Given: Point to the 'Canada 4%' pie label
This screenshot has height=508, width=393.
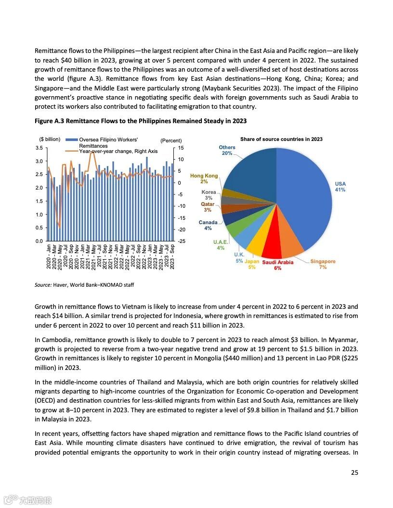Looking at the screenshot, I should click(208, 225).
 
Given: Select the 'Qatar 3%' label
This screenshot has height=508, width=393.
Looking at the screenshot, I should click(208, 207).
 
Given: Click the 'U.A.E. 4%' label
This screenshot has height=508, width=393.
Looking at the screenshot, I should click(221, 245).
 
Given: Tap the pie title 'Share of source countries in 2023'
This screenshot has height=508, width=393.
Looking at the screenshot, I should click(281, 139).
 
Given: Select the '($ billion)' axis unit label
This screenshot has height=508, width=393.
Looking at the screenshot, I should click(50, 140).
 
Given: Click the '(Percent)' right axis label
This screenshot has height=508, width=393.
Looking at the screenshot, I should click(171, 140).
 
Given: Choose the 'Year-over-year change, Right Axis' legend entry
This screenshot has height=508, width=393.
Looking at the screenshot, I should click(118, 151).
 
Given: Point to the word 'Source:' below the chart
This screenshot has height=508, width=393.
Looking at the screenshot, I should click(43, 285).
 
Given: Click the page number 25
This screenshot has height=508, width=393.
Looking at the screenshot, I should click(354, 472).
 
